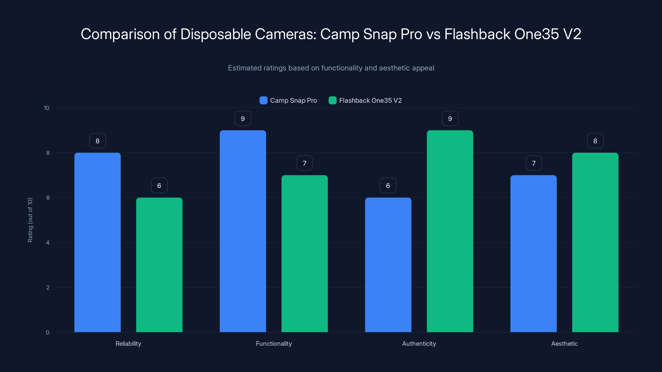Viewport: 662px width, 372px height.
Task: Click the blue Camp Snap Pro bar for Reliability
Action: [97, 242]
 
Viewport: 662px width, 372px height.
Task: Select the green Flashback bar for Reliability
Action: [159, 265]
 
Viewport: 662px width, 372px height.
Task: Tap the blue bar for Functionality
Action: [243, 231]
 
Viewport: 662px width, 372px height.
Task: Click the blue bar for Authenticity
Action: [388, 265]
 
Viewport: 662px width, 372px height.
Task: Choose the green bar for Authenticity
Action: [450, 231]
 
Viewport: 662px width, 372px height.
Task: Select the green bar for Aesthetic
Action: [595, 242]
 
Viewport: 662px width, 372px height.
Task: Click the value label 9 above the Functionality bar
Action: [243, 119]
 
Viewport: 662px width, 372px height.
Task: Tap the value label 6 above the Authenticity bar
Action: [388, 185]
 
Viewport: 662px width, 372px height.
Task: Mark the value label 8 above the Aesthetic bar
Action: [595, 141]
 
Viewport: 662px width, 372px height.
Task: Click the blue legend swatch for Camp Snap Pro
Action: [263, 100]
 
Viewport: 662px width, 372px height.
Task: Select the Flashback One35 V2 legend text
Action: [370, 100]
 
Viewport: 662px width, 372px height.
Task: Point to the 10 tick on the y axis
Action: [47, 108]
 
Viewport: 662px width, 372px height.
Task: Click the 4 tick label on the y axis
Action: [48, 243]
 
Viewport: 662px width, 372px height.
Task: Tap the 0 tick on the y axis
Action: [48, 333]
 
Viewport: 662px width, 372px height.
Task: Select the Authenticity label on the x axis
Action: [419, 343]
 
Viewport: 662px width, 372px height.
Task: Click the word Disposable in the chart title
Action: [215, 34]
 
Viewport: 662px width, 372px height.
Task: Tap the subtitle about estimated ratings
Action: [331, 68]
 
